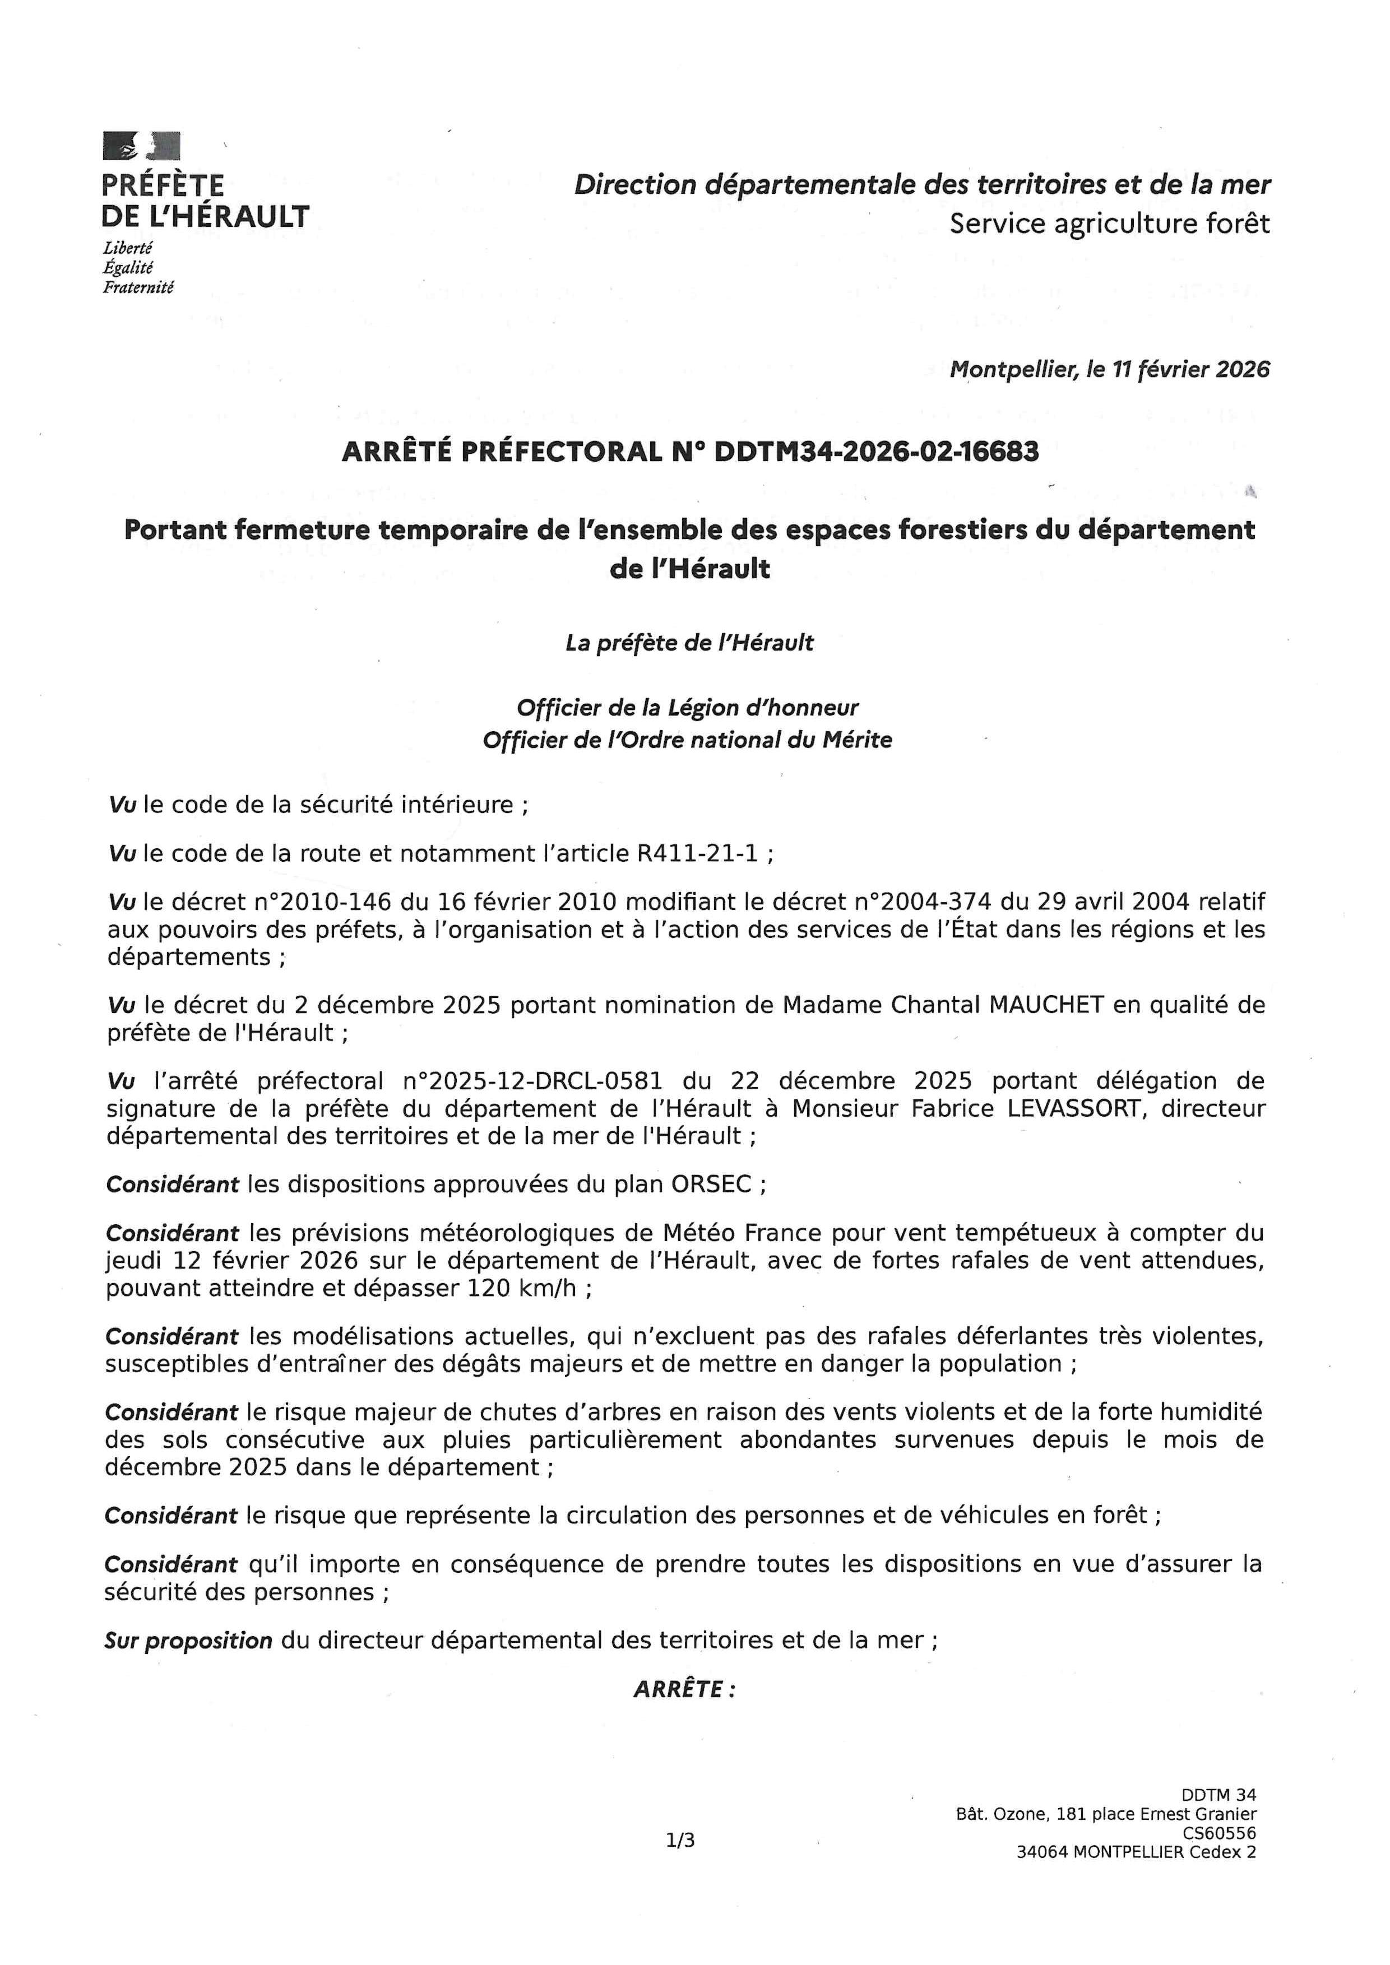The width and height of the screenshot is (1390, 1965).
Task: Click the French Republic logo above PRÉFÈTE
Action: pos(141,146)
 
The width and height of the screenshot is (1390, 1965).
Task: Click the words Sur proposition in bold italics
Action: pos(188,1641)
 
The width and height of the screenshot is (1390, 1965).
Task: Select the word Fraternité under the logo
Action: pos(138,287)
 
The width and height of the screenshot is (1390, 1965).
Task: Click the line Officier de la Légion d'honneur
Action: pos(687,708)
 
